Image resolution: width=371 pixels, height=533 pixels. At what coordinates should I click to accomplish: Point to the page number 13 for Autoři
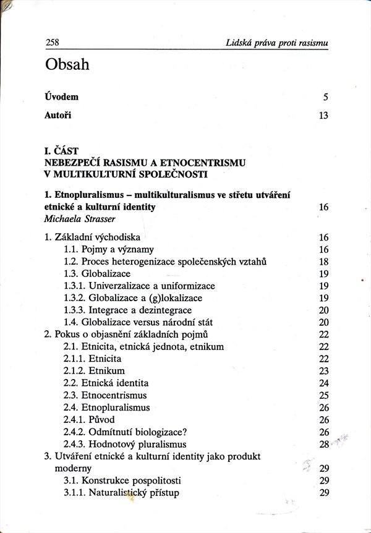click(323, 115)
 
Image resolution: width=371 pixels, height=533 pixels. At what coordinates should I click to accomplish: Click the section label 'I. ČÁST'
click(63, 150)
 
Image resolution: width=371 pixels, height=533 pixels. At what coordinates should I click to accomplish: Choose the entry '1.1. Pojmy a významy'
click(106, 249)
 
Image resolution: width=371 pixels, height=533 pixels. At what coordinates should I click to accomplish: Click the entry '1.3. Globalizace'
click(97, 273)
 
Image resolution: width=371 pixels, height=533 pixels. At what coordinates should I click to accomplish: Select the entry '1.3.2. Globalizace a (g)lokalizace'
click(132, 298)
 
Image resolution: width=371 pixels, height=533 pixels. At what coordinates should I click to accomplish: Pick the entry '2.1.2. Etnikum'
click(94, 371)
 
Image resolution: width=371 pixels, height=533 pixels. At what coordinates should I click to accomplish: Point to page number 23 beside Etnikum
click(323, 371)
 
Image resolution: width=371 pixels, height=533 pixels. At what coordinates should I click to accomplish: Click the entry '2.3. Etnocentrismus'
click(106, 395)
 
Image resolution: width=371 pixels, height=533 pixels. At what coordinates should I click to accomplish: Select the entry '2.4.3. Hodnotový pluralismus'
click(125, 444)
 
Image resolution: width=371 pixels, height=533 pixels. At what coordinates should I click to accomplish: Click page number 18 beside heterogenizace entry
click(323, 262)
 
